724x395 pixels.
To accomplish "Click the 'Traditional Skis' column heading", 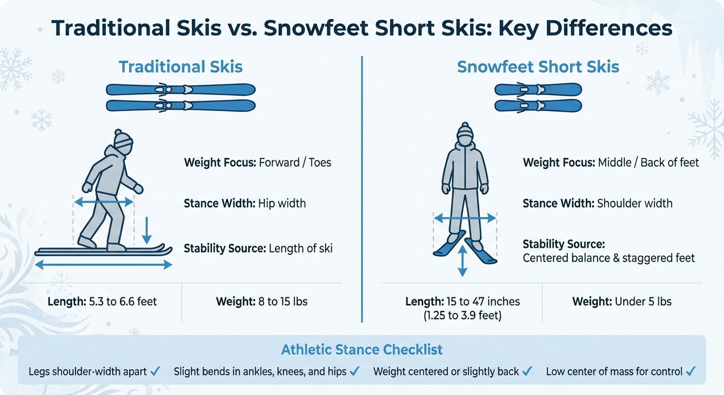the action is [180, 67].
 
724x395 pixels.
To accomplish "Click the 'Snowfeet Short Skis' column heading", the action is [538, 67].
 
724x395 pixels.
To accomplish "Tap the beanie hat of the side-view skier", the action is [123, 139].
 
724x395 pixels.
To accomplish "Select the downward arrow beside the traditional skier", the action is [147, 230].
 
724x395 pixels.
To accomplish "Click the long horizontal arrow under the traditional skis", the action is [103, 265].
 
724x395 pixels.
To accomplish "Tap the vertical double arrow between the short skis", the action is [462, 261].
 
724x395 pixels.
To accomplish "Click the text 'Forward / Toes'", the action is [295, 162].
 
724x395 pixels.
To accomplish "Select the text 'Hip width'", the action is [282, 203].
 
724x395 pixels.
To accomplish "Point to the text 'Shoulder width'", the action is [635, 203].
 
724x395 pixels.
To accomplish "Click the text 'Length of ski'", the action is [301, 248].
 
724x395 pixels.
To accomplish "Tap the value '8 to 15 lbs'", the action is [283, 301].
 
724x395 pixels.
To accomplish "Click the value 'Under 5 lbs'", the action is [643, 301].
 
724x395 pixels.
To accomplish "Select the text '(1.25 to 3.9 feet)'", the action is [462, 315].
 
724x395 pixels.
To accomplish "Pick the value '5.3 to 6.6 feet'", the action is [123, 301].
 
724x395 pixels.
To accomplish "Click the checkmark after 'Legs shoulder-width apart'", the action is [155, 371].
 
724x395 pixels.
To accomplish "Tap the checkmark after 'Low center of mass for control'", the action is [691, 371].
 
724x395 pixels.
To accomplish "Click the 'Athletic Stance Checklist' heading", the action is [361, 350].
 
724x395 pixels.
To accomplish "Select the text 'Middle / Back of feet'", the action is [648, 162].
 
